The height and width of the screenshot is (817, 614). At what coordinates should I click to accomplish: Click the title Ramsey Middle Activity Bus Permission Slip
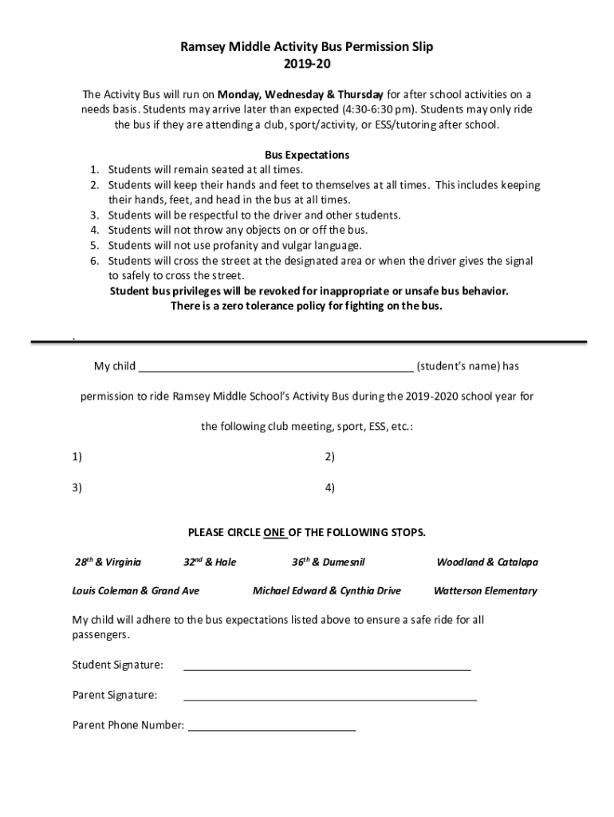307,47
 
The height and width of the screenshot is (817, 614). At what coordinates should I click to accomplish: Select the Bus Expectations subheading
307,155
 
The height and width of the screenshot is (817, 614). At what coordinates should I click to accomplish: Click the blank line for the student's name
276,367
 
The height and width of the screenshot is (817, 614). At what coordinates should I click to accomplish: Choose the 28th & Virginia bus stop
108,562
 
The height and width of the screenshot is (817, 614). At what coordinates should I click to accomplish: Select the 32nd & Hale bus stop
210,562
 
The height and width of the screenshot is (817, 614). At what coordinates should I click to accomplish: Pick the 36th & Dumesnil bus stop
329,562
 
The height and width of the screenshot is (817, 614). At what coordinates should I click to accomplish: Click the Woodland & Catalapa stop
486,562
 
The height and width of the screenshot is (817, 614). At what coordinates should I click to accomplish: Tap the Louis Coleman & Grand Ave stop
136,591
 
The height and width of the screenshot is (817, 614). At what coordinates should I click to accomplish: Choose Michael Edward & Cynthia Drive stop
326,591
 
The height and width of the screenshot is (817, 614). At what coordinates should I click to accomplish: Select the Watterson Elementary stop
485,591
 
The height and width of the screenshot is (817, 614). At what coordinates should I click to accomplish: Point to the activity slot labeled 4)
329,487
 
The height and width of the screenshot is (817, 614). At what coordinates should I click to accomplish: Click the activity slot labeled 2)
329,457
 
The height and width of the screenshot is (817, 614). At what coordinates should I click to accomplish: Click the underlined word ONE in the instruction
275,532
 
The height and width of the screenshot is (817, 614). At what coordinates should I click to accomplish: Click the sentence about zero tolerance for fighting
307,306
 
